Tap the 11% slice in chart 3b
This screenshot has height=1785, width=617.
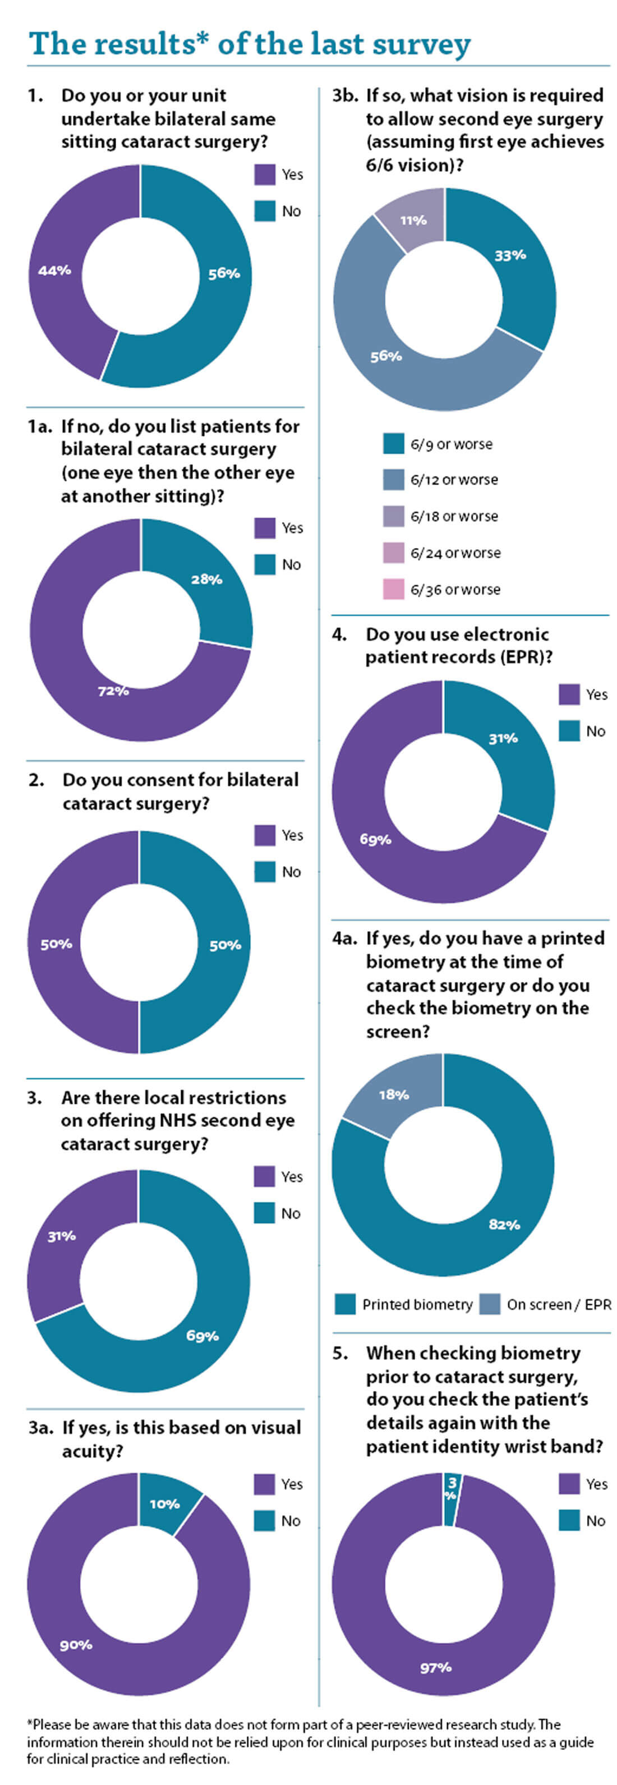click(413, 220)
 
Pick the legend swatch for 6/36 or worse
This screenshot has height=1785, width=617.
click(393, 589)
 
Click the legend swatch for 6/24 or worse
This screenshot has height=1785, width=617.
click(393, 552)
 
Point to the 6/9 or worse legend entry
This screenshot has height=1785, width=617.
click(451, 444)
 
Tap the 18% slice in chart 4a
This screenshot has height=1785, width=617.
click(393, 1095)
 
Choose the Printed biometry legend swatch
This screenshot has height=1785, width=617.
click(345, 1304)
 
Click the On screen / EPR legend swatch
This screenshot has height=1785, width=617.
click(490, 1304)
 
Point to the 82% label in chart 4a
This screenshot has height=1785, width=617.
click(504, 1225)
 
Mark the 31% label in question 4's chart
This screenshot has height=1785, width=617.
click(504, 739)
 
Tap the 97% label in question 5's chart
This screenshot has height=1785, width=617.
click(436, 1668)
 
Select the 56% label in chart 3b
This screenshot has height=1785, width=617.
click(386, 356)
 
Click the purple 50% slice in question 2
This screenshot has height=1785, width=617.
click(56, 944)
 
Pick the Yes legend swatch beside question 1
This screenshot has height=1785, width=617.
click(265, 174)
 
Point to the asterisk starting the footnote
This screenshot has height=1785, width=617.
click(30, 1723)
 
